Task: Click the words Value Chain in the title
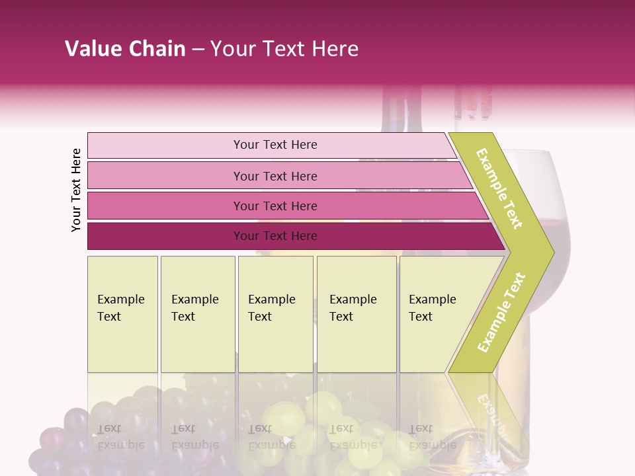[125, 49]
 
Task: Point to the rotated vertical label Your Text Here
[76, 190]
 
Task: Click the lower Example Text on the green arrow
[501, 312]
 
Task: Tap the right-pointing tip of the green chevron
[550, 252]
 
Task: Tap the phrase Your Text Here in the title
[284, 49]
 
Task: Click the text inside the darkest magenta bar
[275, 236]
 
